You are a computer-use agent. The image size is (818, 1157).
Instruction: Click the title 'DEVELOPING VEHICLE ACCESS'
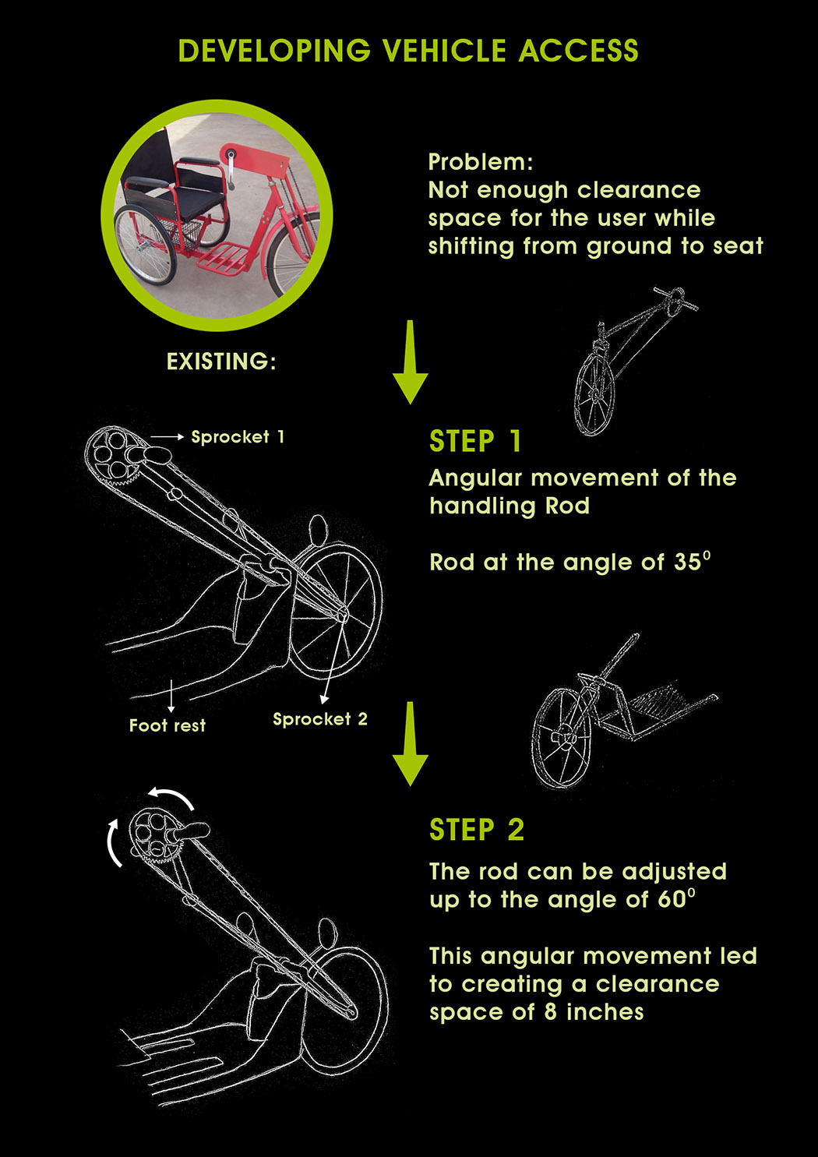[x=408, y=51]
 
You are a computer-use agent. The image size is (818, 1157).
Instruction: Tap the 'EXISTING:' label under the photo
[x=221, y=362]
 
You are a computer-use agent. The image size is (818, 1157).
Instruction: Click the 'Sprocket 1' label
[x=238, y=437]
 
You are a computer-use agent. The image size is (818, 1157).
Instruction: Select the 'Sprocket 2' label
[x=320, y=719]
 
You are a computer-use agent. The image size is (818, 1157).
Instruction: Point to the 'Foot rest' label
[x=167, y=725]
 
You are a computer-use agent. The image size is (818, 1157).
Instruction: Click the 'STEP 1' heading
[x=475, y=442]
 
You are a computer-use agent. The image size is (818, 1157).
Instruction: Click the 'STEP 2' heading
[x=477, y=831]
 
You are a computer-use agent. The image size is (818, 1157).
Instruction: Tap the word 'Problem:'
[x=481, y=162]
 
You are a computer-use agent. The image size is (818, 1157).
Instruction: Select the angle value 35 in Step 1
[x=687, y=563]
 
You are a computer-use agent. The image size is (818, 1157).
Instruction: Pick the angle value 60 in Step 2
[x=672, y=900]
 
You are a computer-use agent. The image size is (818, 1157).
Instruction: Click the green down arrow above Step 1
[x=410, y=362]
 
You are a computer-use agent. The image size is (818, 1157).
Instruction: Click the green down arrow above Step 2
[x=410, y=743]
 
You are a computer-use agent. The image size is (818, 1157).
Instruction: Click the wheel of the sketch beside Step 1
[x=594, y=394]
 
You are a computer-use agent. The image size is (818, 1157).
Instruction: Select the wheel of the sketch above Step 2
[x=561, y=737]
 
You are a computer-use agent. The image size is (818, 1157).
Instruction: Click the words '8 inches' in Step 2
[x=605, y=1012]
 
